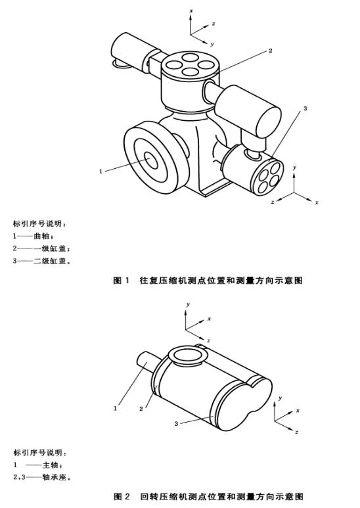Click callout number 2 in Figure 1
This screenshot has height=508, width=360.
coord(270,51)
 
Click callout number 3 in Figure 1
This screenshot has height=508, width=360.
coord(305,108)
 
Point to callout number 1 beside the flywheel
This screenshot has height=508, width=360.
coord(101,171)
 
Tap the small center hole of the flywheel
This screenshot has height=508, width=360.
coord(151,160)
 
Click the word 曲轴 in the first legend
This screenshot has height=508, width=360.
coord(41,236)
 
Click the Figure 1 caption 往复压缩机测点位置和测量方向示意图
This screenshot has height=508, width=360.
coord(221,280)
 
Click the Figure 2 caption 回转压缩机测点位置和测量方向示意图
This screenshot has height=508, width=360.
coord(221,496)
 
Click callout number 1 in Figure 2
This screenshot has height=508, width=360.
coord(115,409)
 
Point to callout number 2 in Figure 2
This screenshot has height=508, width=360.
coord(141,409)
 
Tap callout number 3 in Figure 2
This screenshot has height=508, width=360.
coord(176,423)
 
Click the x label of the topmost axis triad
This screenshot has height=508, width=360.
coord(191,11)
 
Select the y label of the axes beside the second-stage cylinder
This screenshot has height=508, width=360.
coord(294,168)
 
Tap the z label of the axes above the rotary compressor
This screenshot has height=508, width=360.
coord(209,340)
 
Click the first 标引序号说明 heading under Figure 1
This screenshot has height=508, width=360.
coord(39,224)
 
